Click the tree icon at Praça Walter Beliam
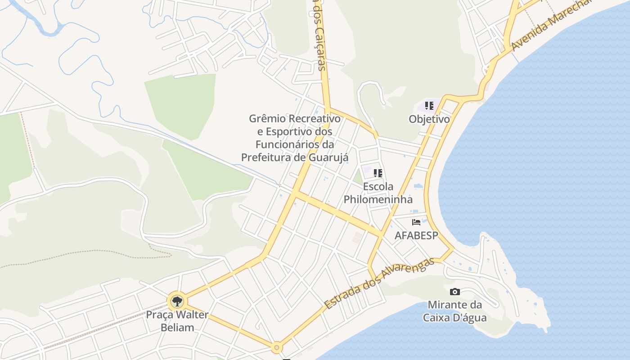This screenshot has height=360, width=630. click(177, 301)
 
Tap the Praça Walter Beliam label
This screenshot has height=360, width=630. click(177, 321)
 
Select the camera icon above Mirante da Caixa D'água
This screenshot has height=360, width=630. click(455, 292)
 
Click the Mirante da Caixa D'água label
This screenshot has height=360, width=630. click(454, 311)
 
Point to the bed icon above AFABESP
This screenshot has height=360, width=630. click(416, 222)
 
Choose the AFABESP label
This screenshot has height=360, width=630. click(416, 235)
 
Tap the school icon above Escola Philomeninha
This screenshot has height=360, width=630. click(378, 173)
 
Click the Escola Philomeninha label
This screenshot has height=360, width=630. click(378, 193)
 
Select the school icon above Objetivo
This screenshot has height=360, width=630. click(429, 106)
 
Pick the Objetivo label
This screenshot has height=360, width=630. click(429, 119)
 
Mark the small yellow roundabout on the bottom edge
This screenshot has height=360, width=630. click(277, 347)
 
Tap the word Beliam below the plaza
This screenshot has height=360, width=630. click(177, 327)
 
